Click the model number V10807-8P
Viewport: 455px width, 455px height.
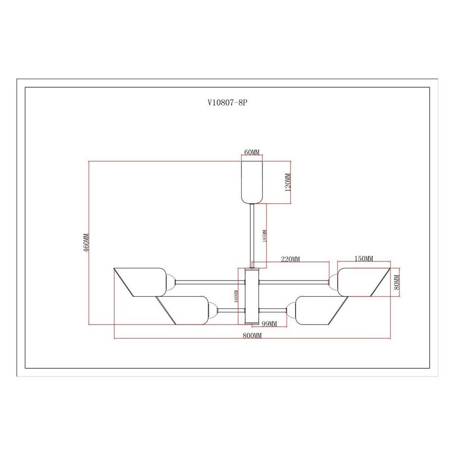tap(227, 103)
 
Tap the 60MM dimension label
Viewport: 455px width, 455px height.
tap(252, 152)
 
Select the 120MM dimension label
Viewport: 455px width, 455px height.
tap(288, 182)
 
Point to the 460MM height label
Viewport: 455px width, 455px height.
tap(86, 243)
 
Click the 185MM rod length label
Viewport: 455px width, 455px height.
tap(264, 236)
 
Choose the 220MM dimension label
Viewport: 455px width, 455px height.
tap(290, 259)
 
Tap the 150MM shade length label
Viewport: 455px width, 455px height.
tap(364, 258)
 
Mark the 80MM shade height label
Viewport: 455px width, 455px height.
tap(397, 282)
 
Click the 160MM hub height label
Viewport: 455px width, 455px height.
tap(236, 296)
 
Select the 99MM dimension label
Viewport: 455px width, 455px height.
tap(269, 324)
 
